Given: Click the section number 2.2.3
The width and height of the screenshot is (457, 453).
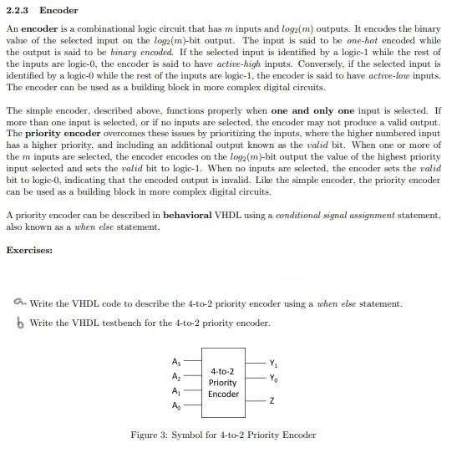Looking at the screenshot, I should [x=19, y=11].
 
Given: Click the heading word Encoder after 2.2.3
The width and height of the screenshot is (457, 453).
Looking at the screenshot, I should [x=58, y=11].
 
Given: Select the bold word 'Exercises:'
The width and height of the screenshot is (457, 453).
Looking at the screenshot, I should [x=29, y=250].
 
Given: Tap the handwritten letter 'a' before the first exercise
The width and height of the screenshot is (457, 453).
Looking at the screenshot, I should [x=20, y=303].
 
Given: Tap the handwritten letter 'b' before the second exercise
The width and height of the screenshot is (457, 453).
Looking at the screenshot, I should [x=20, y=323].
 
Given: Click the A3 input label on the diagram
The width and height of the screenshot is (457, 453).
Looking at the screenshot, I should [x=175, y=362].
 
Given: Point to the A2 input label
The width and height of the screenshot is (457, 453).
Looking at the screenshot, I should [x=175, y=377].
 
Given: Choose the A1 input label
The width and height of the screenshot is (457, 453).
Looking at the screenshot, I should [x=175, y=391].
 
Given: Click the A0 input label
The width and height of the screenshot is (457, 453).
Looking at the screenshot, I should [x=175, y=406].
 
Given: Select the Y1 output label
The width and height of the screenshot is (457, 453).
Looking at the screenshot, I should [x=275, y=363].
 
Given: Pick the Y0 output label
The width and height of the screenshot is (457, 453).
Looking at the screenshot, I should [x=275, y=377].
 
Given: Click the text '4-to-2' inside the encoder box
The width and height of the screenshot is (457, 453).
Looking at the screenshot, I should [x=222, y=370].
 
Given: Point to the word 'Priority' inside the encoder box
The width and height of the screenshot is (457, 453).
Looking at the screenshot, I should [x=223, y=382].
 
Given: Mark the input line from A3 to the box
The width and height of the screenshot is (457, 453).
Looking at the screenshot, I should [x=191, y=362].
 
